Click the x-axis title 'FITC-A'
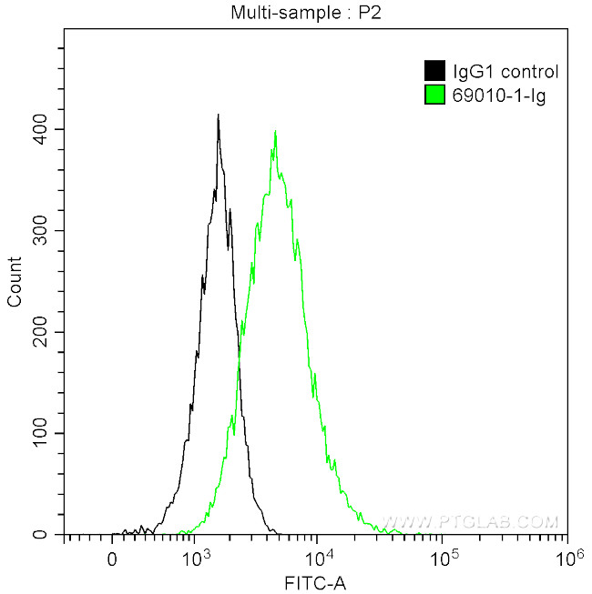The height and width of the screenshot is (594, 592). tap(315, 581)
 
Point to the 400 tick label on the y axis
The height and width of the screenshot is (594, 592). tap(39, 129)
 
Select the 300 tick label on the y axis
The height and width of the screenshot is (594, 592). tap(39, 231)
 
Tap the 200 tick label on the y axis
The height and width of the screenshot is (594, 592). tap(39, 332)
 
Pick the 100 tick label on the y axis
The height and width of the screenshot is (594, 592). tap(39, 434)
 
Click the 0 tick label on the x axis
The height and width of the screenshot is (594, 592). tap(112, 557)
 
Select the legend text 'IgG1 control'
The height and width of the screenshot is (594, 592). tap(505, 72)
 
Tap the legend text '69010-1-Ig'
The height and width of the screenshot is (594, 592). tap(498, 96)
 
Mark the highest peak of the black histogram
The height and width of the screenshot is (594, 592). tap(219, 116)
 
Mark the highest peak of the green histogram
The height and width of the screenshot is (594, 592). tap(275, 131)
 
